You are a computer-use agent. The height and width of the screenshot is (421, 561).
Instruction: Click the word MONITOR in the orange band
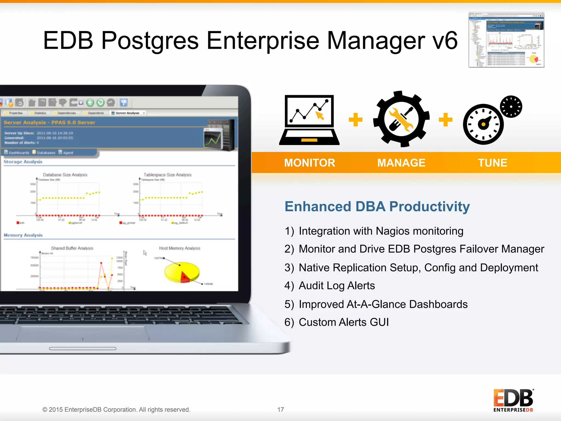[x=310, y=163]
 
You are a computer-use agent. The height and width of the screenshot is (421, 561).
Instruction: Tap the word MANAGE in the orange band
[x=401, y=163]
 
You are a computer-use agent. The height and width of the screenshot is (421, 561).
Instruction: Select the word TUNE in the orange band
[x=493, y=163]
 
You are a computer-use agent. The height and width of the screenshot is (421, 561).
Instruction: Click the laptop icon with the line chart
[x=309, y=120]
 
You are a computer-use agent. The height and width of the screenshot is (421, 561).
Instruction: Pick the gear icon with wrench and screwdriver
[x=401, y=119]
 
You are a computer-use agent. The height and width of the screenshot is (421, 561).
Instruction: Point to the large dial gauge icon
[x=483, y=124]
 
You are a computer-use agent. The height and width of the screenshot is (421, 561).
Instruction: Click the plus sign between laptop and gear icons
[x=356, y=120]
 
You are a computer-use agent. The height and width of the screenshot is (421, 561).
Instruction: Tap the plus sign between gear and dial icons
[x=445, y=120]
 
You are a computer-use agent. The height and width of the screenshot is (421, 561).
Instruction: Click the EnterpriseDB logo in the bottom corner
[x=513, y=400]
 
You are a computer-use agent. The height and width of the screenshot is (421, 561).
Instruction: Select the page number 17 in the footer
[x=280, y=409]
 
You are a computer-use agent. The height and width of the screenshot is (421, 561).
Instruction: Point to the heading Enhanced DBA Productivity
[x=377, y=206]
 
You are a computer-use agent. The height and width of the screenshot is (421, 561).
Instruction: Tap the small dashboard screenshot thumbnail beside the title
[x=506, y=40]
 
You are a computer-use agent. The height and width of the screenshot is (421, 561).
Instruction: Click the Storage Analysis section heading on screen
[x=23, y=162]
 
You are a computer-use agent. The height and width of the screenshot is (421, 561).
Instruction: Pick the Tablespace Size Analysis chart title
[x=167, y=175]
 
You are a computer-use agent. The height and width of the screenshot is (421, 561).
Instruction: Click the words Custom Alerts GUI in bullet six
[x=344, y=322]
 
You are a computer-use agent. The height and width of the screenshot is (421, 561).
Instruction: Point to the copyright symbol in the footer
[x=45, y=409]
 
